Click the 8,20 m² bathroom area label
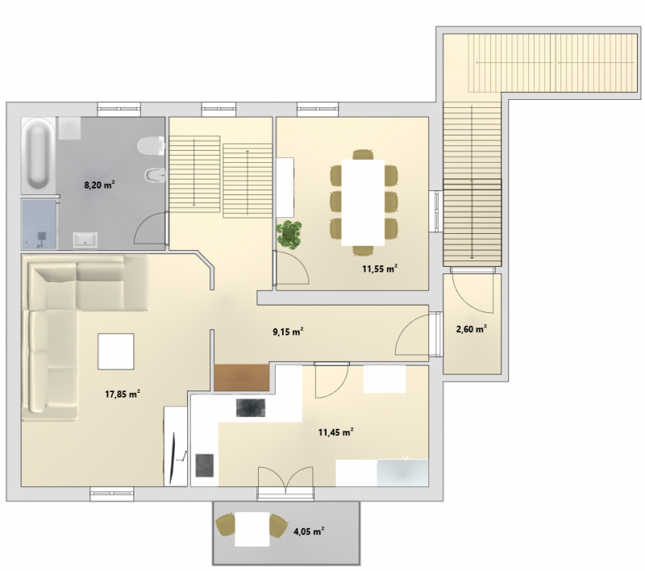click(x=99, y=185)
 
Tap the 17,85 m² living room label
click(x=123, y=394)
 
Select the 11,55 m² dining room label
click(x=380, y=269)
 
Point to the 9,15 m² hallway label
click(x=289, y=331)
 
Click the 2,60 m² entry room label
click(x=472, y=329)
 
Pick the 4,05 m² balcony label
click(x=309, y=531)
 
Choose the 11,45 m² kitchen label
click(x=336, y=432)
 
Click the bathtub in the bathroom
click(x=38, y=155)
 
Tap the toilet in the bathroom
click(x=151, y=146)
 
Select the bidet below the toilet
click(x=155, y=176)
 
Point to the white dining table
click(x=363, y=202)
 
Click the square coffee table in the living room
click(x=115, y=352)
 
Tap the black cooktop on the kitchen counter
click(x=251, y=407)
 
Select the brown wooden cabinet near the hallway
click(x=241, y=377)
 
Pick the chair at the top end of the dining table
click(x=363, y=154)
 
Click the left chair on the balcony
click(x=226, y=525)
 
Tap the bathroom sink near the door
click(x=85, y=240)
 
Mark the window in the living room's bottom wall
click(x=112, y=494)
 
